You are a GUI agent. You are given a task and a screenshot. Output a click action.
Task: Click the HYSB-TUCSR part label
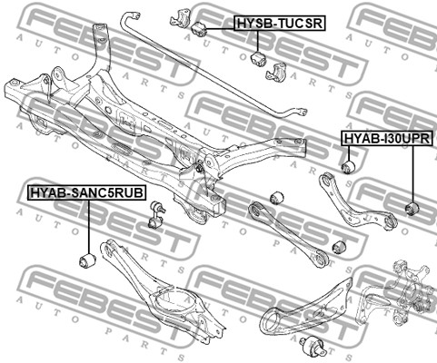click(280, 23)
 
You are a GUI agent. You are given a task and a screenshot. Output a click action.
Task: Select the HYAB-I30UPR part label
click(387, 138)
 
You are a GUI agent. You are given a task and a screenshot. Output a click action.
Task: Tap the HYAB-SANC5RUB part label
click(86, 192)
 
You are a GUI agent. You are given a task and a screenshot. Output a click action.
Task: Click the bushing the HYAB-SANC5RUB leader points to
click(87, 261)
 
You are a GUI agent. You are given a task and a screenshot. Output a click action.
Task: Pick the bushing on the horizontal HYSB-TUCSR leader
click(199, 29)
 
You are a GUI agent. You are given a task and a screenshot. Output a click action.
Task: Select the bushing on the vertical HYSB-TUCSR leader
click(258, 58)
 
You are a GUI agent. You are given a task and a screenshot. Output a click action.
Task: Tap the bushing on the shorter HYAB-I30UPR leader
click(348, 167)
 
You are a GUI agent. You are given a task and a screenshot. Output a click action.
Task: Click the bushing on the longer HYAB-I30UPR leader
click(412, 209)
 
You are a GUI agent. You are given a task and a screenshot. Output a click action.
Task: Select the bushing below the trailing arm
click(313, 346)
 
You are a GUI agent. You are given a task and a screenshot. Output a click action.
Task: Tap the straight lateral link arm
click(287, 234)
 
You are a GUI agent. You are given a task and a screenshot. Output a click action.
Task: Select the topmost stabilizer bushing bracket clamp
click(182, 19)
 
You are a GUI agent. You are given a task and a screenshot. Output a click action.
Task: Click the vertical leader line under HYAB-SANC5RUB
click(89, 227)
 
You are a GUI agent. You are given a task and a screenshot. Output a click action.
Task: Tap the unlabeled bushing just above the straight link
click(276, 197)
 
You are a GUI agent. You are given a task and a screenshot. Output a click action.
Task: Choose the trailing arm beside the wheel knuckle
click(306, 306)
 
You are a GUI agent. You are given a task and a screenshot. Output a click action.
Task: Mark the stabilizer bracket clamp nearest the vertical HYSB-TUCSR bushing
click(276, 72)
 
